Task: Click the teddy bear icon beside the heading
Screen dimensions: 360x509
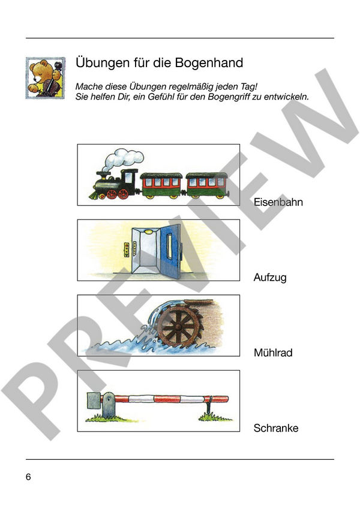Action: click(x=46, y=78)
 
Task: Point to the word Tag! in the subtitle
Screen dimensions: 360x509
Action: click(x=249, y=87)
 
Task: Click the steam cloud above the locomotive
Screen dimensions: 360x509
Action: click(x=123, y=159)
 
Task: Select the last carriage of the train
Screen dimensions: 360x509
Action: click(x=207, y=185)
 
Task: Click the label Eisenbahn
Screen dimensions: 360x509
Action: click(x=278, y=202)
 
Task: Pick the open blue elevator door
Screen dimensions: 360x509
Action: click(x=171, y=252)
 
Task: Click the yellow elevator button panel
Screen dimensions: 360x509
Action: click(x=127, y=249)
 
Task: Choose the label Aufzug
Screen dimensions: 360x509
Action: click(x=270, y=278)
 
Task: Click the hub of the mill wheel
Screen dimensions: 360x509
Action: click(x=178, y=327)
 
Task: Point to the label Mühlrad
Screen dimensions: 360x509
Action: click(x=273, y=353)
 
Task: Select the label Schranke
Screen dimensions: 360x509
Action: click(x=276, y=428)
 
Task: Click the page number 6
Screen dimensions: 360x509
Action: click(x=28, y=477)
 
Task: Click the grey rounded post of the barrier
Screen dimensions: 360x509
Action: click(x=109, y=405)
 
